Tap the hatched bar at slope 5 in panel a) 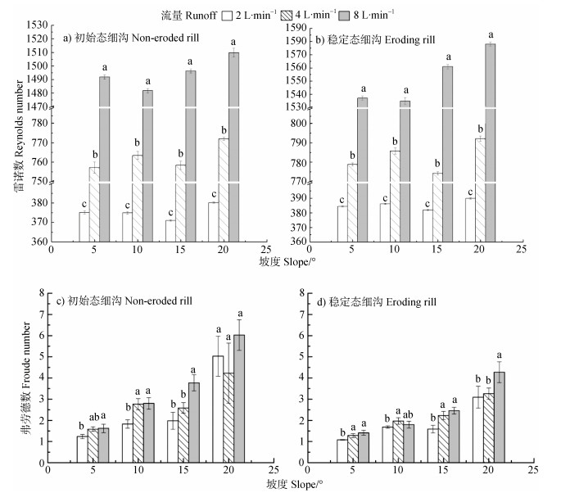coord(94,205)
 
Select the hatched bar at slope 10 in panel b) coord(395,197)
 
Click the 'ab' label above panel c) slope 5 coord(93,417)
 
